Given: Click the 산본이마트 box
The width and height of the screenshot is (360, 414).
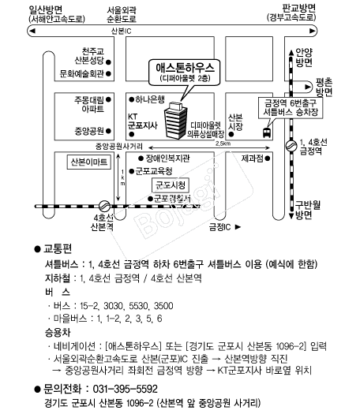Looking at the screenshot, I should [x=85, y=161].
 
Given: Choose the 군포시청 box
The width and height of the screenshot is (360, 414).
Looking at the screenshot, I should [x=169, y=185].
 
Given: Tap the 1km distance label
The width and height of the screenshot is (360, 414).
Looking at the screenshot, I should [x=122, y=181].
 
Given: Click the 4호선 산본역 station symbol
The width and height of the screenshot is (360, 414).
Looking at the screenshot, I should [x=103, y=204].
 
